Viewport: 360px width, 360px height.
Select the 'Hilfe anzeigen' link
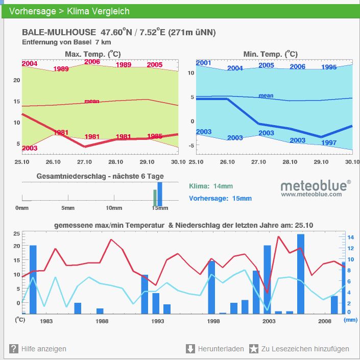(x=44, y=349)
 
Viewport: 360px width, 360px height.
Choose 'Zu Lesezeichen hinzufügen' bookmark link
(x=305, y=349)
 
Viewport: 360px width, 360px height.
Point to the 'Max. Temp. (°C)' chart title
(x=92, y=54)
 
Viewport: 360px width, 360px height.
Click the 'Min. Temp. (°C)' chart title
(x=271, y=54)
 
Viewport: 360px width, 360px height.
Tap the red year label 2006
(x=92, y=62)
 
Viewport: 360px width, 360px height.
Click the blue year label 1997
(x=329, y=143)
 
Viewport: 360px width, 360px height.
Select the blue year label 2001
(x=203, y=63)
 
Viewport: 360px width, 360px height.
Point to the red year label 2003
(x=30, y=148)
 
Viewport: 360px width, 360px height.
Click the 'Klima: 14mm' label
(x=211, y=186)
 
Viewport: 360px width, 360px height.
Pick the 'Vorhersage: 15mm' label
(x=220, y=199)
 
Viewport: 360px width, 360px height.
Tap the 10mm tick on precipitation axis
(x=114, y=208)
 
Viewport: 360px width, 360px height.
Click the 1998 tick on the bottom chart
(x=213, y=321)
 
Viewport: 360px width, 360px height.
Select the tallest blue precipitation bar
(x=301, y=274)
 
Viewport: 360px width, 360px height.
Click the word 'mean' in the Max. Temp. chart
(x=92, y=101)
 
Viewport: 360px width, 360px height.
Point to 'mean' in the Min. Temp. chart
(x=266, y=95)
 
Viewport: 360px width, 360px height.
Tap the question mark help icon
(x=14, y=349)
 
